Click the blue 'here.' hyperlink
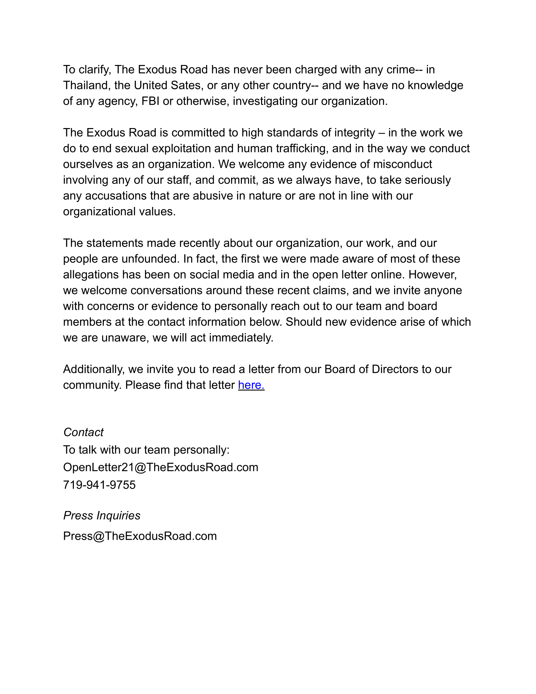click(251, 385)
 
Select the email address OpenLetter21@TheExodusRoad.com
click(161, 468)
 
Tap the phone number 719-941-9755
click(99, 485)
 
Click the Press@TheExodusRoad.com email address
click(140, 536)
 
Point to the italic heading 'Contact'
click(84, 432)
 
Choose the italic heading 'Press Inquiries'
click(102, 515)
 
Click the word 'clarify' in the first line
click(95, 70)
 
